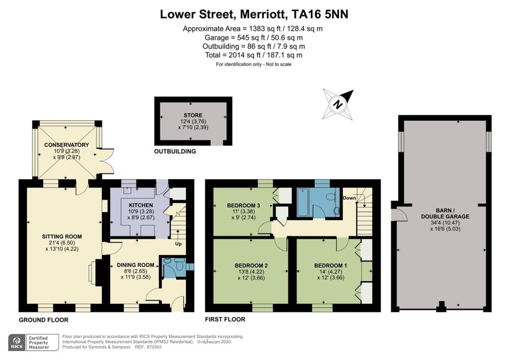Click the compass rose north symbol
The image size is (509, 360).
[338, 104]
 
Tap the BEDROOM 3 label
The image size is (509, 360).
[244, 205]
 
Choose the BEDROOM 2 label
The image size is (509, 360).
[251, 265]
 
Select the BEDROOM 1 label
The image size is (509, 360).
[331, 265]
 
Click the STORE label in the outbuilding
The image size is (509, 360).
[193, 115]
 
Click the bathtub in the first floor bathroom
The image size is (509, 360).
[304, 202]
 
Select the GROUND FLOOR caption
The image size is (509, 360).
[44, 320]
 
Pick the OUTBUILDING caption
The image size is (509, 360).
[175, 151]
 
